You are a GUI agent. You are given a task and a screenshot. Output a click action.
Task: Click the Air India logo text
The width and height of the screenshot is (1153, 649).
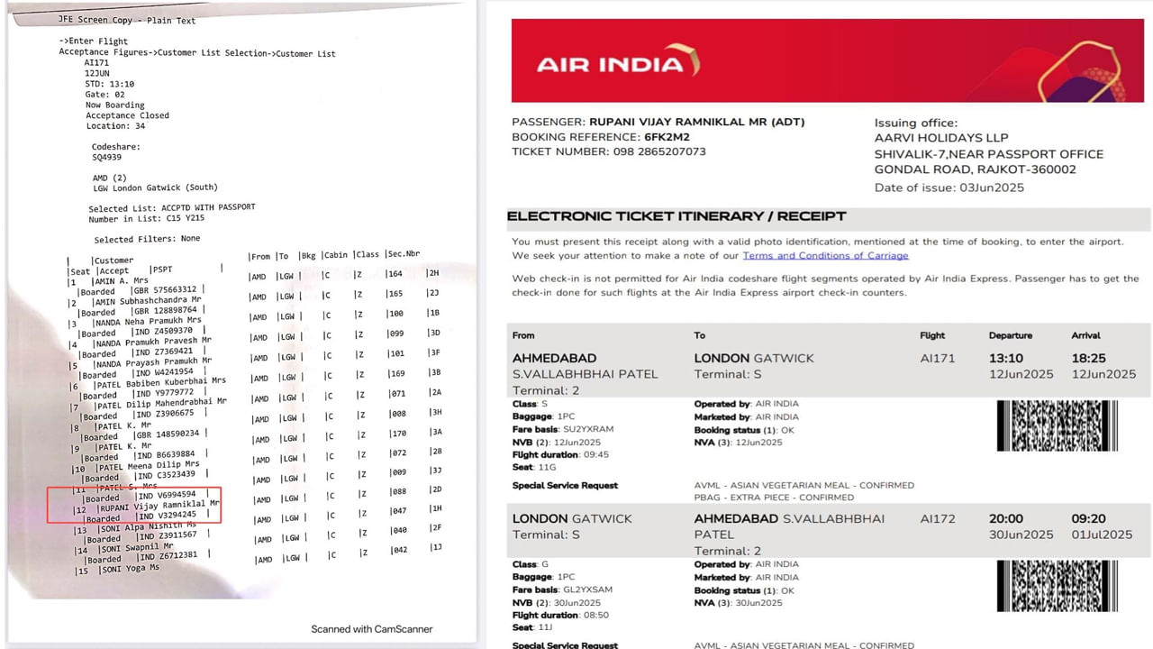click(x=611, y=64)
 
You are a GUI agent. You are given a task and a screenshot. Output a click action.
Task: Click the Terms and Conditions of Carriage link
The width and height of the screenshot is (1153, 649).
click(x=825, y=256)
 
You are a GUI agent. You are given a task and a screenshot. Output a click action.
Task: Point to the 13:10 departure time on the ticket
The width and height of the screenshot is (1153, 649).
click(x=1005, y=358)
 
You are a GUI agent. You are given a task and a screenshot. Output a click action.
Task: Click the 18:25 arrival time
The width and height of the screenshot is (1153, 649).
click(x=1088, y=358)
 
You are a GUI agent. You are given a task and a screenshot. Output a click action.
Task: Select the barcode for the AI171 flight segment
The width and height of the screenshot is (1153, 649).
click(x=1058, y=425)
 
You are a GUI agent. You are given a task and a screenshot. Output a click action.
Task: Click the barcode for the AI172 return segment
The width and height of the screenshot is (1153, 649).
click(x=1058, y=586)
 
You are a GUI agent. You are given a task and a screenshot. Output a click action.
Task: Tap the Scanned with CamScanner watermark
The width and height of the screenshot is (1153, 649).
click(x=372, y=629)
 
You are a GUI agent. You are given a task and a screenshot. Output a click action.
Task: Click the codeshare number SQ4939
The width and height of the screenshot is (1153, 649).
click(x=106, y=157)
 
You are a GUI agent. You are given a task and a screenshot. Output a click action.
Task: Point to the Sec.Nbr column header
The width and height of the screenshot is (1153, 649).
click(x=404, y=255)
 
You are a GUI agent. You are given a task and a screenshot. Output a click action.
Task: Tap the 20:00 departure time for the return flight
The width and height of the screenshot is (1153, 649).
click(x=1005, y=518)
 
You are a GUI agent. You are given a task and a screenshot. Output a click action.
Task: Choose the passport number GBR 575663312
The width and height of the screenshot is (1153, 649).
click(x=166, y=290)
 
